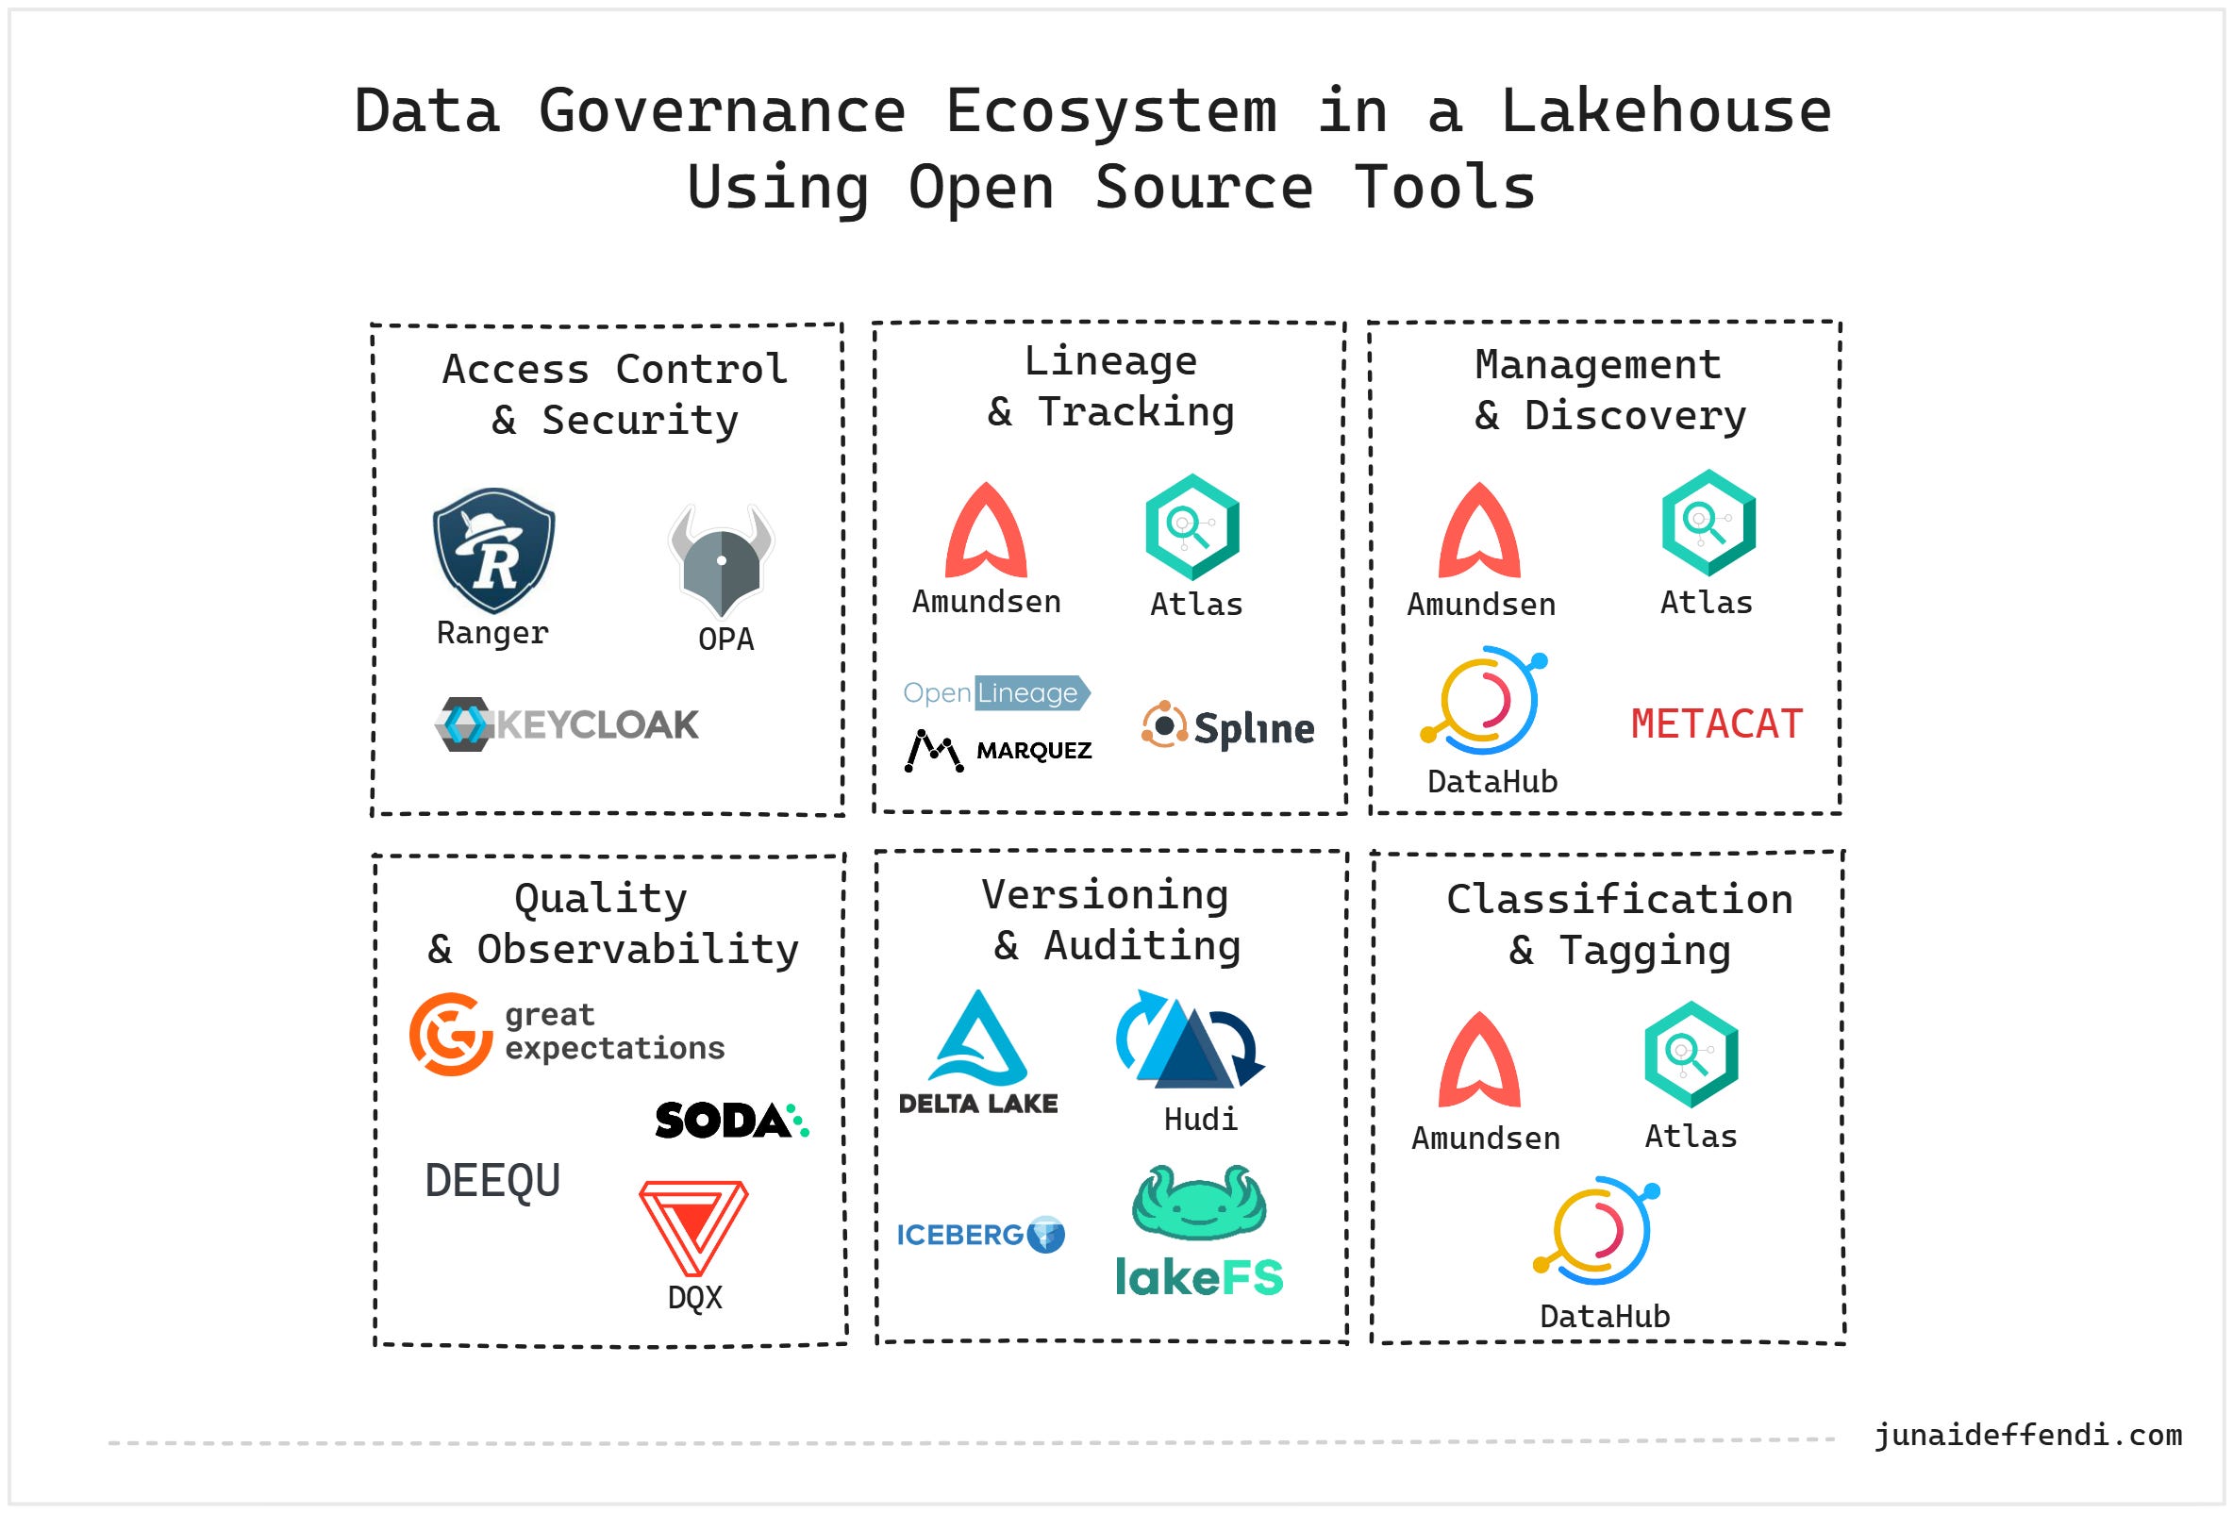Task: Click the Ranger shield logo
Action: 494,550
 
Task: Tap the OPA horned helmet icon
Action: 722,560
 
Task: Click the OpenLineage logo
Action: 996,692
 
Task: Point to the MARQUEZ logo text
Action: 1034,750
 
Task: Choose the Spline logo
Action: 1227,727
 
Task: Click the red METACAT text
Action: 1717,723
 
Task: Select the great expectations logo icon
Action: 451,1034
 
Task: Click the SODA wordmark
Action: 732,1120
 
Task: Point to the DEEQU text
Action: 492,1181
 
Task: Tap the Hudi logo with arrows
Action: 1190,1039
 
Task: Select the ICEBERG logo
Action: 981,1235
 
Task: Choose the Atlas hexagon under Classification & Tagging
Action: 1691,1055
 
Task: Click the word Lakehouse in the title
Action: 1666,110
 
